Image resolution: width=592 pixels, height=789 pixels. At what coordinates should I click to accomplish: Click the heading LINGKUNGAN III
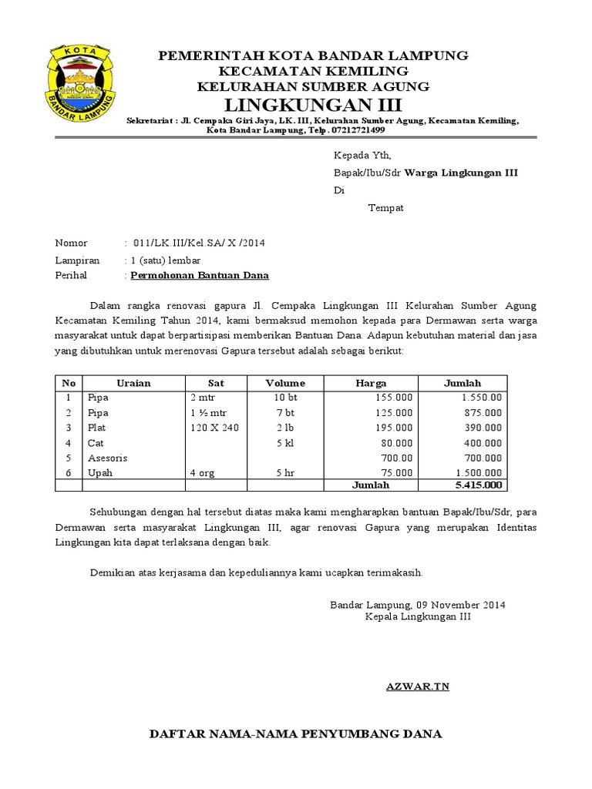coord(313,104)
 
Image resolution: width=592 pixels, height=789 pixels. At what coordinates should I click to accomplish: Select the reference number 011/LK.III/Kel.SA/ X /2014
coord(199,243)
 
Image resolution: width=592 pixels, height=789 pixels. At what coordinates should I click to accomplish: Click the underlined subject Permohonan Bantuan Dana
coord(200,275)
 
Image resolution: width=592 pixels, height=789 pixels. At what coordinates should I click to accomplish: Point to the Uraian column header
coord(133,383)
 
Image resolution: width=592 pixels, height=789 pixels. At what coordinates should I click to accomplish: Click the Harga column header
coord(371,383)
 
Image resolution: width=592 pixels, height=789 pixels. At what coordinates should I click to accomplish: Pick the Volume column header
coord(285,383)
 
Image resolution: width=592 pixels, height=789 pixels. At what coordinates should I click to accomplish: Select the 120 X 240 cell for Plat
coord(214,428)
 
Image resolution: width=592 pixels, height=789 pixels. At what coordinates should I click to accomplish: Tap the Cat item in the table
coord(96,443)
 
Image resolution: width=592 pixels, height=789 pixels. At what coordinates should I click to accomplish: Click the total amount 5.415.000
coord(478,485)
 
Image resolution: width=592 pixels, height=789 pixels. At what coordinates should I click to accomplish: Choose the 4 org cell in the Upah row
coord(204,472)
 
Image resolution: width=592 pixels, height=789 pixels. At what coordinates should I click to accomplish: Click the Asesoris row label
coord(107,458)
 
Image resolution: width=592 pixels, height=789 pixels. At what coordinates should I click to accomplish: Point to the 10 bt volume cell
coord(285,398)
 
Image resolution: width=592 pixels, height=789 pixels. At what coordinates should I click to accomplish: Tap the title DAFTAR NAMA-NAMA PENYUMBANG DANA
coord(295,734)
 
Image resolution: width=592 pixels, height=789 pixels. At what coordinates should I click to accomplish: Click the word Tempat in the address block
coord(385,208)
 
